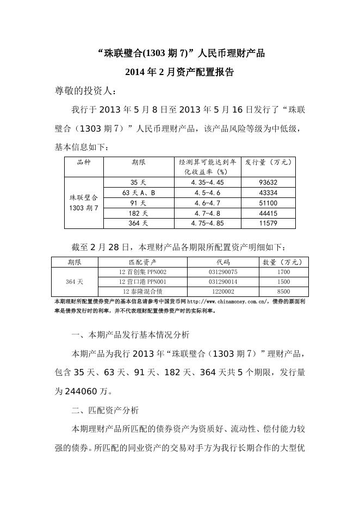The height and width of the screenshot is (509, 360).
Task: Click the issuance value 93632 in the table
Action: pos(269,183)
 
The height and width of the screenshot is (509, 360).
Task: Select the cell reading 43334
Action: pos(269,193)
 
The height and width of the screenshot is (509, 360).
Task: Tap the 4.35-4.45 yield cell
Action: pos(208,183)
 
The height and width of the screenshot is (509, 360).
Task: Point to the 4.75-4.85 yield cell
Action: pos(208,223)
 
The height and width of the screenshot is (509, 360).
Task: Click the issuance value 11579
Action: pos(269,223)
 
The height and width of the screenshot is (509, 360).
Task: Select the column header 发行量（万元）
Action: pos(269,162)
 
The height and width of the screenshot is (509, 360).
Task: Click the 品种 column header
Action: pos(84,162)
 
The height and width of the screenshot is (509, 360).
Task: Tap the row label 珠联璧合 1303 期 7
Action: pos(84,203)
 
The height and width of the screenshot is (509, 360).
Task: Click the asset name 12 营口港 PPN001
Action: pos(142,282)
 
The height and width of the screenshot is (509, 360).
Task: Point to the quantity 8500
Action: pos(283,292)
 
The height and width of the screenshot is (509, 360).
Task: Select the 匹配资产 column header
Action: pos(142,262)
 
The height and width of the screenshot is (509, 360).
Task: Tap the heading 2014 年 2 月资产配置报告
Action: pos(179,72)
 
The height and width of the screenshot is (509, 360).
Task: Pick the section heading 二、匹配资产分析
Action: pos(105,409)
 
